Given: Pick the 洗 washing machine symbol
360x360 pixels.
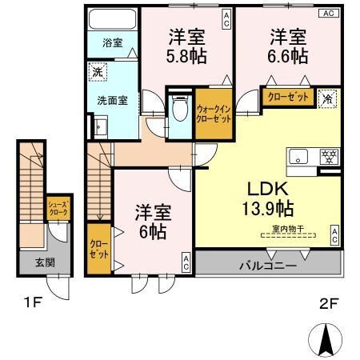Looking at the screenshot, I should (x=96, y=70).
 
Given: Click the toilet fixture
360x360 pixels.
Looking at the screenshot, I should (x=180, y=108).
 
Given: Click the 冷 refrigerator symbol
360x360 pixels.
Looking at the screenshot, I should (x=327, y=98).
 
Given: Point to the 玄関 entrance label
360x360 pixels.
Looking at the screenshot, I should (x=34, y=262).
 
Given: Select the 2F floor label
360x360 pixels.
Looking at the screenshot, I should (x=330, y=304).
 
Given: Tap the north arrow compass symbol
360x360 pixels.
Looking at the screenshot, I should (x=326, y=339).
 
